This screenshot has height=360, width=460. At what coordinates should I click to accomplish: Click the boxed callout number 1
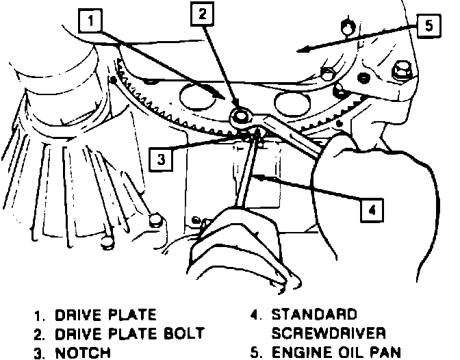(x=92, y=22)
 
